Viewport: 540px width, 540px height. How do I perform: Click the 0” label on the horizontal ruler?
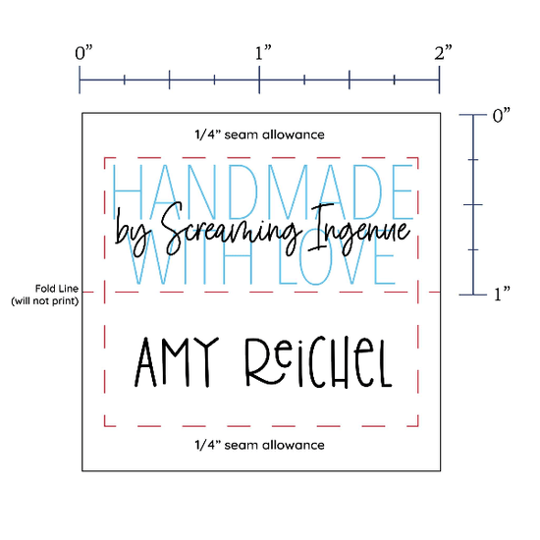[84, 53]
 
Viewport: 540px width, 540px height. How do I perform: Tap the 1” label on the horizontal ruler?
[263, 53]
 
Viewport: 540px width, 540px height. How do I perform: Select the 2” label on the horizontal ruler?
[443, 53]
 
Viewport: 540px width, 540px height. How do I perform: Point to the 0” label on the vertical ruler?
[501, 116]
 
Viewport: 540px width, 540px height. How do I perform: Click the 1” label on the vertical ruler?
[502, 295]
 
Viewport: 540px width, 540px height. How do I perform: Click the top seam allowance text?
[259, 135]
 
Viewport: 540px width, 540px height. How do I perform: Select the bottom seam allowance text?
[259, 445]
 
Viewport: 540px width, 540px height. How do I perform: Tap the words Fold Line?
[57, 289]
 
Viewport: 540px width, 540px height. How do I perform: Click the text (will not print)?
[45, 301]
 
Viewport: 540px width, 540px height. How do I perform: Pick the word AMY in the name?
[177, 361]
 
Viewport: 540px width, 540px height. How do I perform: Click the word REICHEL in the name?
[318, 361]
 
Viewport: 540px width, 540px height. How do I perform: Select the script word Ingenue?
[358, 229]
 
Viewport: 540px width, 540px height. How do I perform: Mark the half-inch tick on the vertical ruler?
[473, 204]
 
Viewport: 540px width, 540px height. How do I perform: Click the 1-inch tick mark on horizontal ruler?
[259, 80]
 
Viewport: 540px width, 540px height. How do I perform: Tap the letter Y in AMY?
[206, 361]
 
